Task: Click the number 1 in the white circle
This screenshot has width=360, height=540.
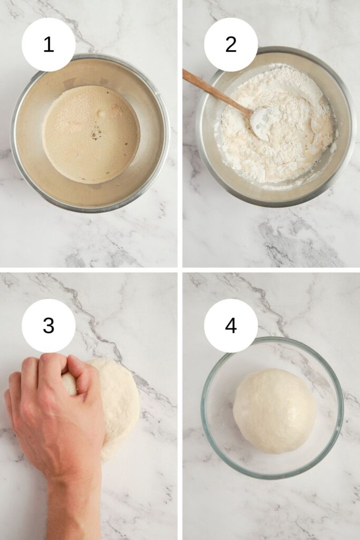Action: point(48,45)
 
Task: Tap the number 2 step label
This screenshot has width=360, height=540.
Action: point(230,44)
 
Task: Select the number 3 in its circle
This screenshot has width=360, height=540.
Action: point(48,325)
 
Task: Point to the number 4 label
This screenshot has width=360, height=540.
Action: point(230,325)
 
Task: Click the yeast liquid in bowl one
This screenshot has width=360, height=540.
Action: point(91,134)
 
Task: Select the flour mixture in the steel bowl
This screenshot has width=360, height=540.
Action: point(275,128)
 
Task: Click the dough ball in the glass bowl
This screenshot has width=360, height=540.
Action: point(274,410)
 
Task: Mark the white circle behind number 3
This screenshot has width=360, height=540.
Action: point(48,325)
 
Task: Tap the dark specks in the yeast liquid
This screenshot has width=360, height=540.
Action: point(94,135)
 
